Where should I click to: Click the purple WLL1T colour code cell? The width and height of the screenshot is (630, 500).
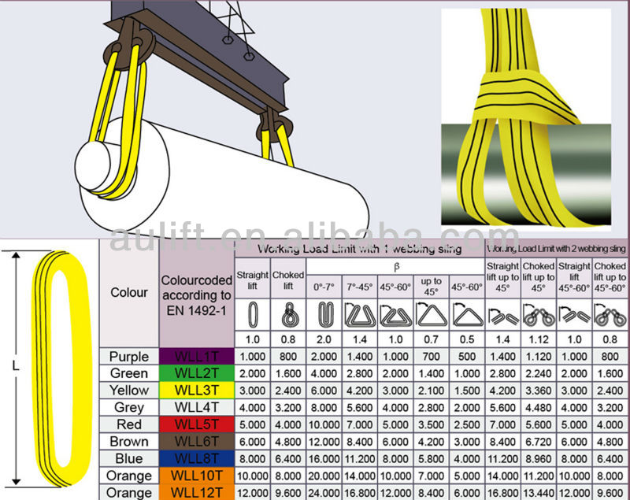click(x=196, y=356)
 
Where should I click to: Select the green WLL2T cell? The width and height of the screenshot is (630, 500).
click(x=196, y=373)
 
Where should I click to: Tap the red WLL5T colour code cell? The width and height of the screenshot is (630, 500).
click(x=196, y=424)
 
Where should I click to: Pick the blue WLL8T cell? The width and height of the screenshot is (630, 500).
click(x=196, y=458)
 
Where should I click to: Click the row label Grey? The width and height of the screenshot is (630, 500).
click(x=128, y=407)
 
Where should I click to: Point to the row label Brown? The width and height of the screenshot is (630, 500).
click(x=128, y=442)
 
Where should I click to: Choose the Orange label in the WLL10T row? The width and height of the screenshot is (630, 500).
click(x=128, y=476)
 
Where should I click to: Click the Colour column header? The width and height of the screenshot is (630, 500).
click(x=128, y=292)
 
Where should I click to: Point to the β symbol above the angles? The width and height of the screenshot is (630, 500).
click(x=395, y=267)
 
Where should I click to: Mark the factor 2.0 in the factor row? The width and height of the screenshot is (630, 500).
click(x=324, y=339)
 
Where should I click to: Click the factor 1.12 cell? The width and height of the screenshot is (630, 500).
click(x=539, y=339)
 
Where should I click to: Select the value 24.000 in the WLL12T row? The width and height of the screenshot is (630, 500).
click(x=324, y=493)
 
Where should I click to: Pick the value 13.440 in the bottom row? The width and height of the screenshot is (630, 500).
click(x=539, y=493)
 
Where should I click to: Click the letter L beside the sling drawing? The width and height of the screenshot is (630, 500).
click(x=15, y=366)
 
